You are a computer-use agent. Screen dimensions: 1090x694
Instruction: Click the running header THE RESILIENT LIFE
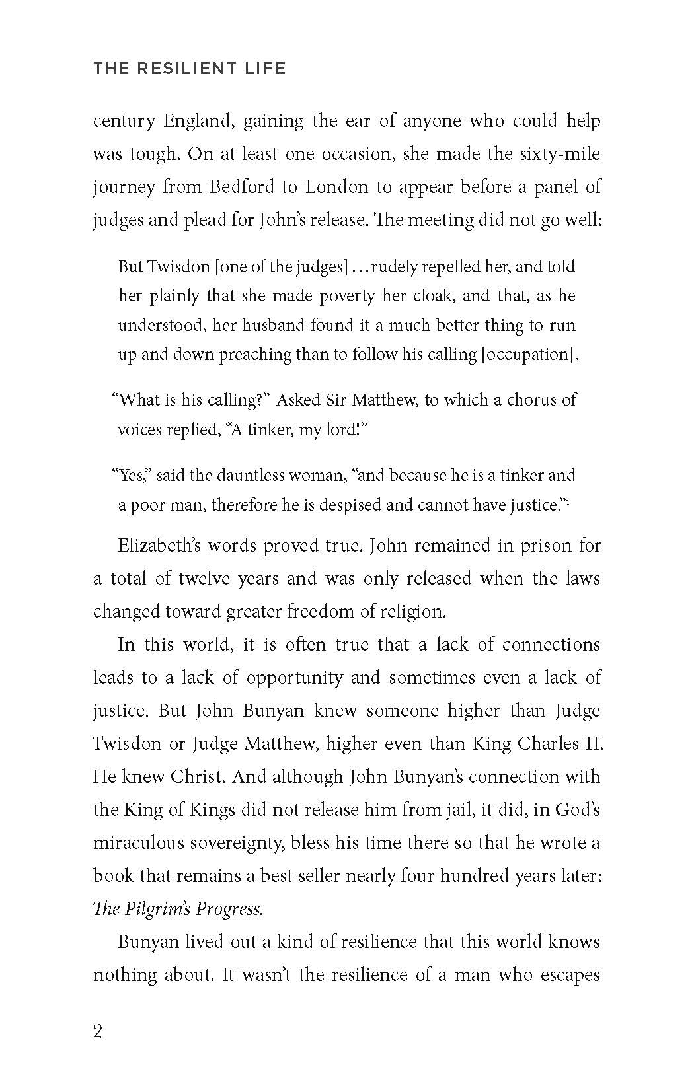190,68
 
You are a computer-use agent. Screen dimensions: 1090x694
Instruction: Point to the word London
336,186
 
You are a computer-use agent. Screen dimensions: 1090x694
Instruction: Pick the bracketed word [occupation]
530,354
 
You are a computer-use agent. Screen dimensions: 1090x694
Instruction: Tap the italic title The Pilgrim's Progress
178,909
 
